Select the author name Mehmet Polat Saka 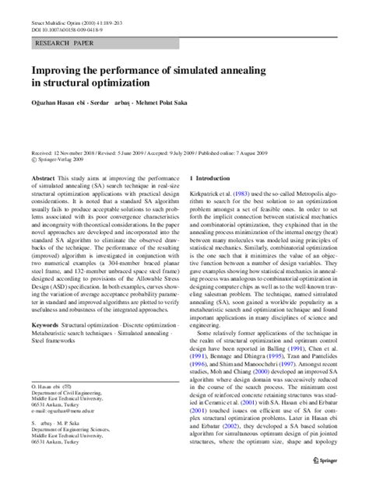point(163,102)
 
